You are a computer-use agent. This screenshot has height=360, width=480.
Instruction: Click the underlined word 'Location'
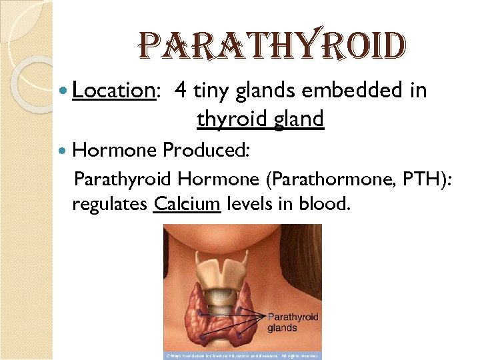click(114, 90)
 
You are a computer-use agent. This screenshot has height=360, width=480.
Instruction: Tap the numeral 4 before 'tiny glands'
click(181, 90)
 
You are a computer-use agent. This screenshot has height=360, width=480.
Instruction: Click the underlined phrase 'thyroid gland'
click(260, 119)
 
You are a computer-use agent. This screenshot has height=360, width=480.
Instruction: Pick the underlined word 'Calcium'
click(187, 203)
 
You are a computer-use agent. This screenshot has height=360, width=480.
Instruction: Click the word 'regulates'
click(109, 204)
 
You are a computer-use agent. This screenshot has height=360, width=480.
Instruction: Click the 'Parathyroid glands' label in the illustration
click(293, 322)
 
